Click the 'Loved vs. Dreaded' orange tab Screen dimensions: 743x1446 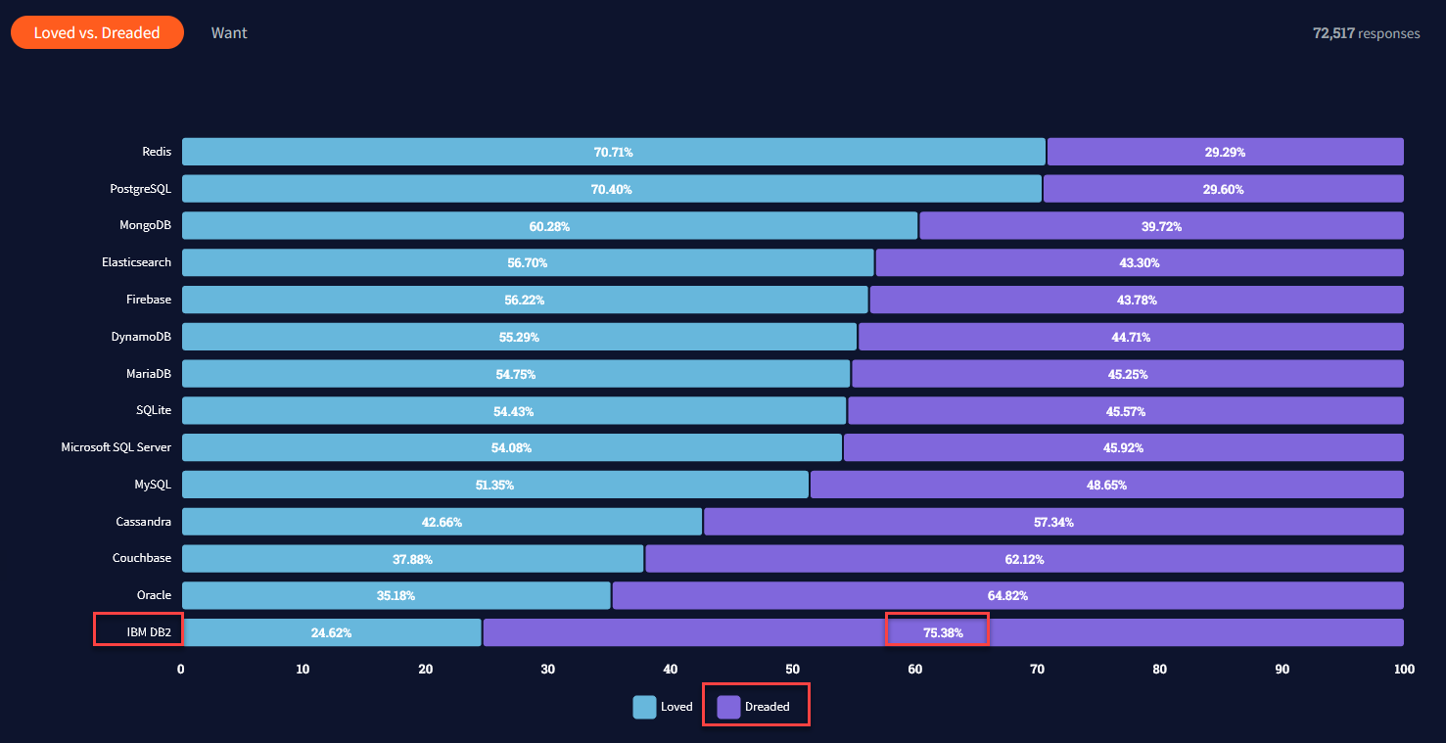click(97, 32)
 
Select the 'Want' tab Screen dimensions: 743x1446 click(229, 32)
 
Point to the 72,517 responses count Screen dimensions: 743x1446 click(1366, 33)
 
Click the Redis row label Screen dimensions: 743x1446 click(157, 152)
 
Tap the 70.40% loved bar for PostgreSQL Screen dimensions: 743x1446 click(611, 189)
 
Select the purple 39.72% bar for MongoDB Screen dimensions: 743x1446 click(1161, 226)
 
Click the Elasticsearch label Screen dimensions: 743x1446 click(136, 262)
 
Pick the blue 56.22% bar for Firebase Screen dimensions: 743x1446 click(525, 300)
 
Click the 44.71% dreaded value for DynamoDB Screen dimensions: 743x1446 click(1131, 337)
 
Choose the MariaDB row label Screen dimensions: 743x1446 click(149, 374)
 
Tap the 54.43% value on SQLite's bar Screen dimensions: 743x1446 click(513, 411)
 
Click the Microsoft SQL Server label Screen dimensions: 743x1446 click(116, 447)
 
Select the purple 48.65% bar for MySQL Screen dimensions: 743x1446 click(1106, 485)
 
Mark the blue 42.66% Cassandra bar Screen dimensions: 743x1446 click(442, 522)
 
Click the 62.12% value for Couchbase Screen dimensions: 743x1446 click(1024, 559)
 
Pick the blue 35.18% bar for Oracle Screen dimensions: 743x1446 click(396, 595)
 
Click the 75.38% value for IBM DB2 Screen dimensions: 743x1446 click(943, 632)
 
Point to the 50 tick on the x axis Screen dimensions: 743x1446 click(793, 670)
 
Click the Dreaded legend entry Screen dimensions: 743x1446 click(756, 707)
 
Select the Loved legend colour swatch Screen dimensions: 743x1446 click(644, 707)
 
